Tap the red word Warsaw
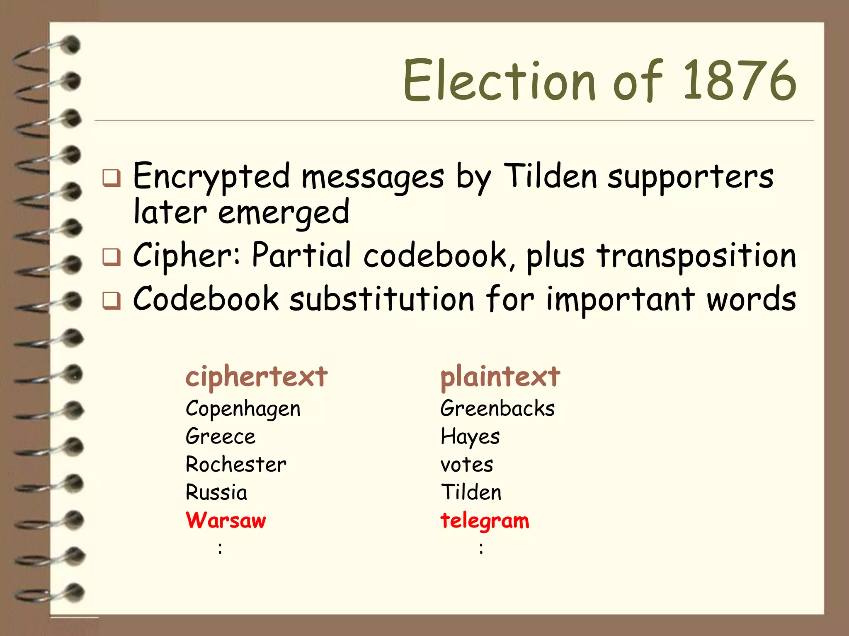pyautogui.click(x=226, y=520)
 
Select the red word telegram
pyautogui.click(x=485, y=521)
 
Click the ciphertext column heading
pyautogui.click(x=256, y=377)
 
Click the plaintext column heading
pyautogui.click(x=500, y=377)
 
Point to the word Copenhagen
pyautogui.click(x=243, y=409)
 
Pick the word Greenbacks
pyautogui.click(x=497, y=408)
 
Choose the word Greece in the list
pyautogui.click(x=221, y=436)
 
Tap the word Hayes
pyautogui.click(x=470, y=437)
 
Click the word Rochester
pyautogui.click(x=236, y=464)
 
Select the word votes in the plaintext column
pyautogui.click(x=467, y=465)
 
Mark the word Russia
pyautogui.click(x=216, y=492)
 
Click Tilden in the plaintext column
pyautogui.click(x=471, y=492)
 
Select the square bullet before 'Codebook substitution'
pyautogui.click(x=112, y=301)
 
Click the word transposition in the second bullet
pyautogui.click(x=696, y=256)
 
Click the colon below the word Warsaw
pyautogui.click(x=220, y=549)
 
